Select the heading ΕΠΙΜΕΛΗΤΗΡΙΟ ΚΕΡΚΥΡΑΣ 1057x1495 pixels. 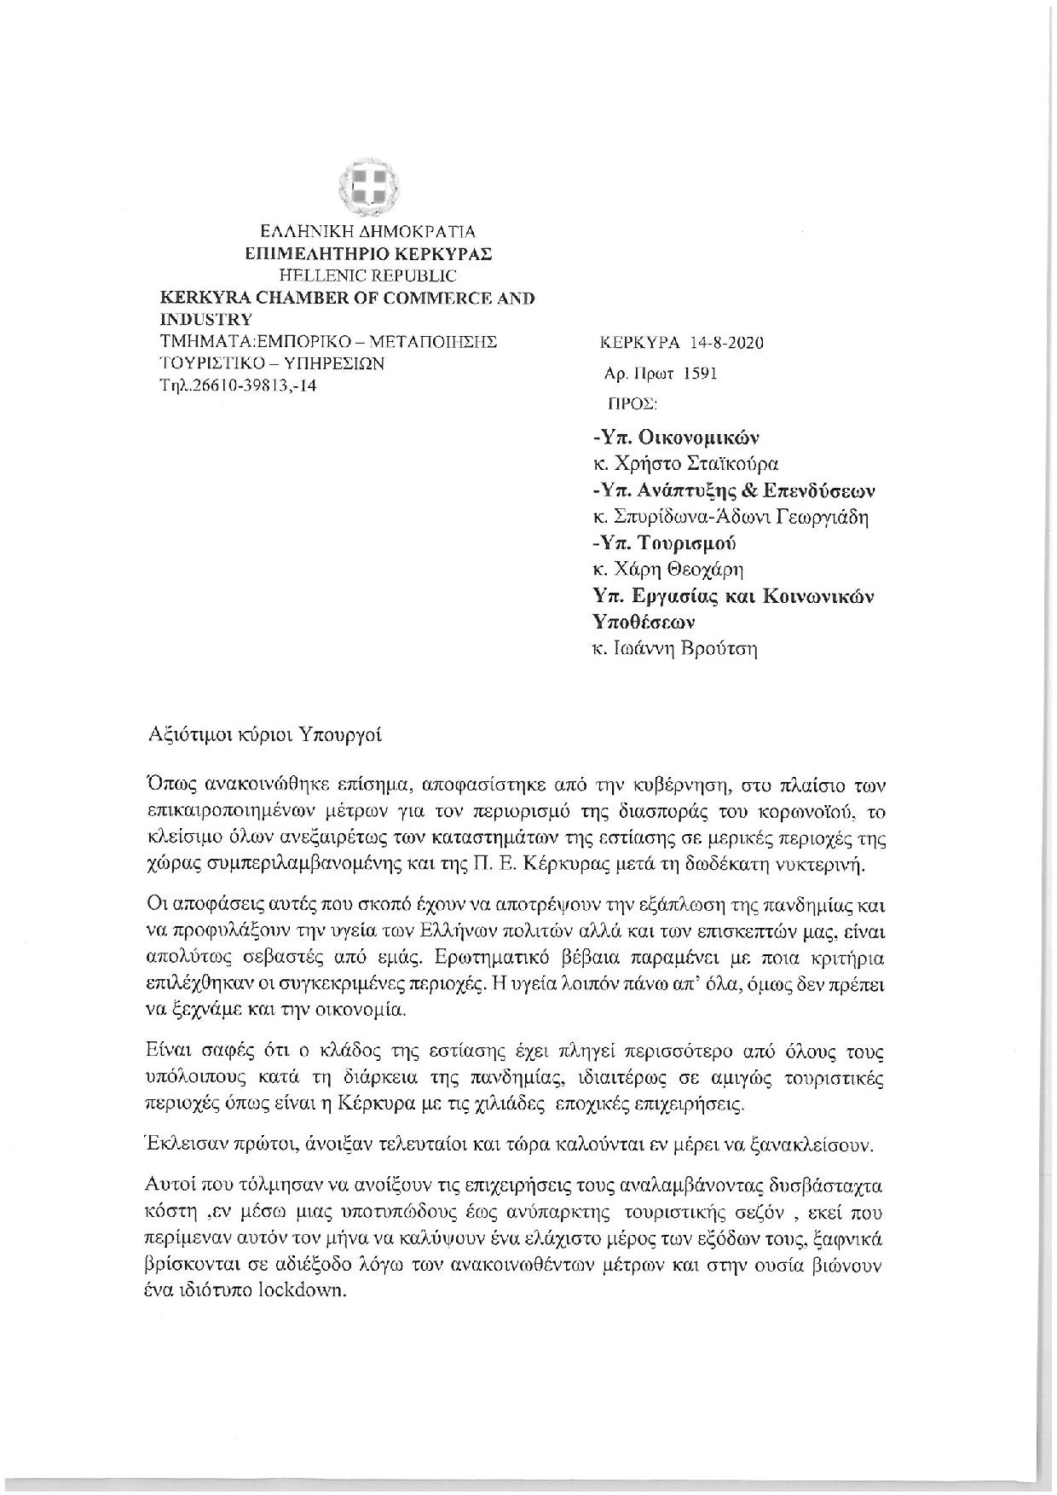368,253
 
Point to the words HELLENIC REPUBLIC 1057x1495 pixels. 368,275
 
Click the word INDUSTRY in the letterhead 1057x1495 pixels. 205,320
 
